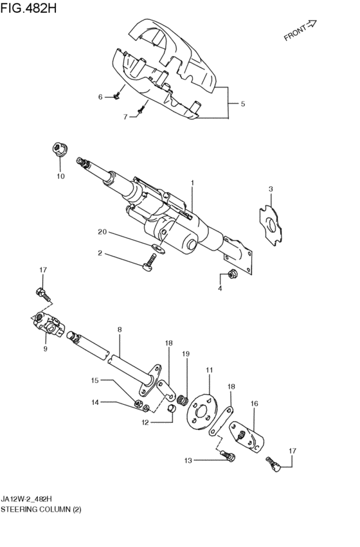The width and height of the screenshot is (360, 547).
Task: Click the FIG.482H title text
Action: tap(28, 8)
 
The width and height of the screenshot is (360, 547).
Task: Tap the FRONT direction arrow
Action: tap(310, 24)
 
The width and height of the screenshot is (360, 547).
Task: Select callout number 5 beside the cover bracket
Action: tap(243, 103)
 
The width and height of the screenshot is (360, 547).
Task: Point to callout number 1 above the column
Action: tap(192, 183)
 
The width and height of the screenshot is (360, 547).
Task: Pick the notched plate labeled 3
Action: tap(271, 223)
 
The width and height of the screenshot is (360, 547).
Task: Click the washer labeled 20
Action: tap(159, 248)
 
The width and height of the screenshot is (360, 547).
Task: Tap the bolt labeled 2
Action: tap(149, 264)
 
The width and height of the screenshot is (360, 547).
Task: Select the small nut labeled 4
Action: tap(231, 274)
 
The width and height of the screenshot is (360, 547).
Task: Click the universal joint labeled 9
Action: tap(50, 324)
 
